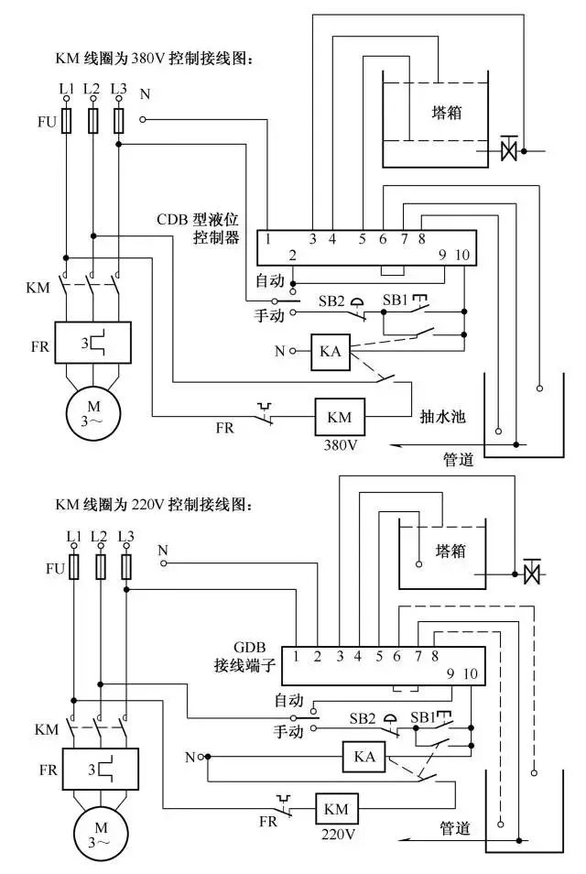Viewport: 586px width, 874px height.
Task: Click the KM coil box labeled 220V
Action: click(336, 809)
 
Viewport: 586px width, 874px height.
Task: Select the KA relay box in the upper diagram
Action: click(329, 351)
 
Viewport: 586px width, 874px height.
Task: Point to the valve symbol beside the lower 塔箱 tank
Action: click(529, 574)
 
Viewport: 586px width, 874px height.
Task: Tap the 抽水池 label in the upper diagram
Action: click(443, 415)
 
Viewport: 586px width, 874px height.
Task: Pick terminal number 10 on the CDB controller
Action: click(462, 255)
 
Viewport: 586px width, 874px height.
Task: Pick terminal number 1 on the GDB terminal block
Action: click(297, 656)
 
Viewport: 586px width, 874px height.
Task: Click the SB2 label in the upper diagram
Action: click(331, 301)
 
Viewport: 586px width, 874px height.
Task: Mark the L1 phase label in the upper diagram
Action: click(65, 88)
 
